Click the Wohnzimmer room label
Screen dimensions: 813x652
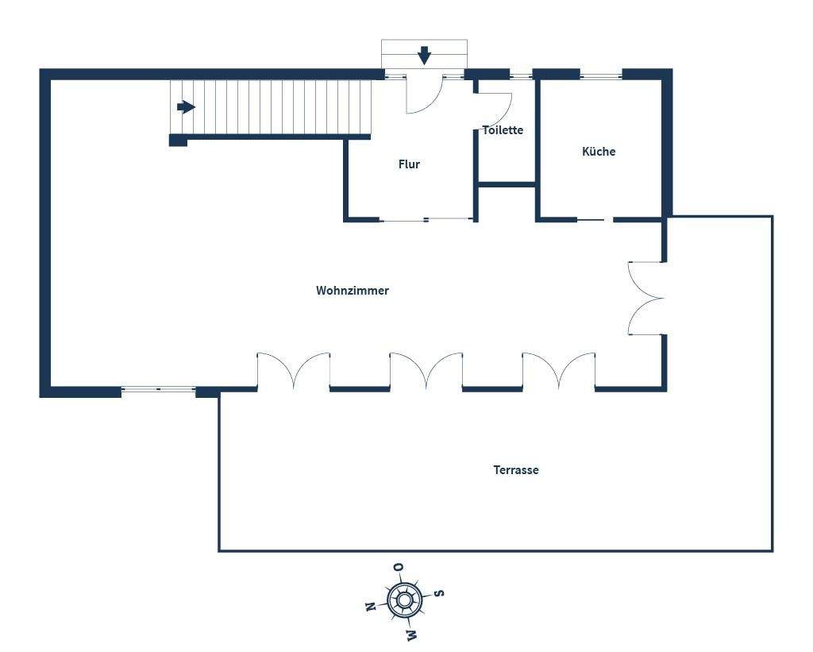[353, 291]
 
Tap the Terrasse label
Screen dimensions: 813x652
[516, 470]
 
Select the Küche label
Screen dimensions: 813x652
[599, 152]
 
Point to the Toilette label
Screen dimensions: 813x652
[503, 130]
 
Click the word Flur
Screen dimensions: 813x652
[409, 164]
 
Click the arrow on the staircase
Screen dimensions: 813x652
[187, 106]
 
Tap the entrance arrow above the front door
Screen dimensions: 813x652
[425, 56]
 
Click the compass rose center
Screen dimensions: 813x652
[404, 600]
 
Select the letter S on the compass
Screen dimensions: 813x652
[438, 592]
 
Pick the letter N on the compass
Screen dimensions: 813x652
[370, 607]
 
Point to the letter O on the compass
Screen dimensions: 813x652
[398, 567]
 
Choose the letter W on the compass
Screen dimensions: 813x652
[411, 634]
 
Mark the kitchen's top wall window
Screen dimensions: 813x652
[600, 75]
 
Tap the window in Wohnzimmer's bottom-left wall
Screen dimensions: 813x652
[158, 389]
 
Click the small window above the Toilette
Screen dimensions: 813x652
[521, 75]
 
